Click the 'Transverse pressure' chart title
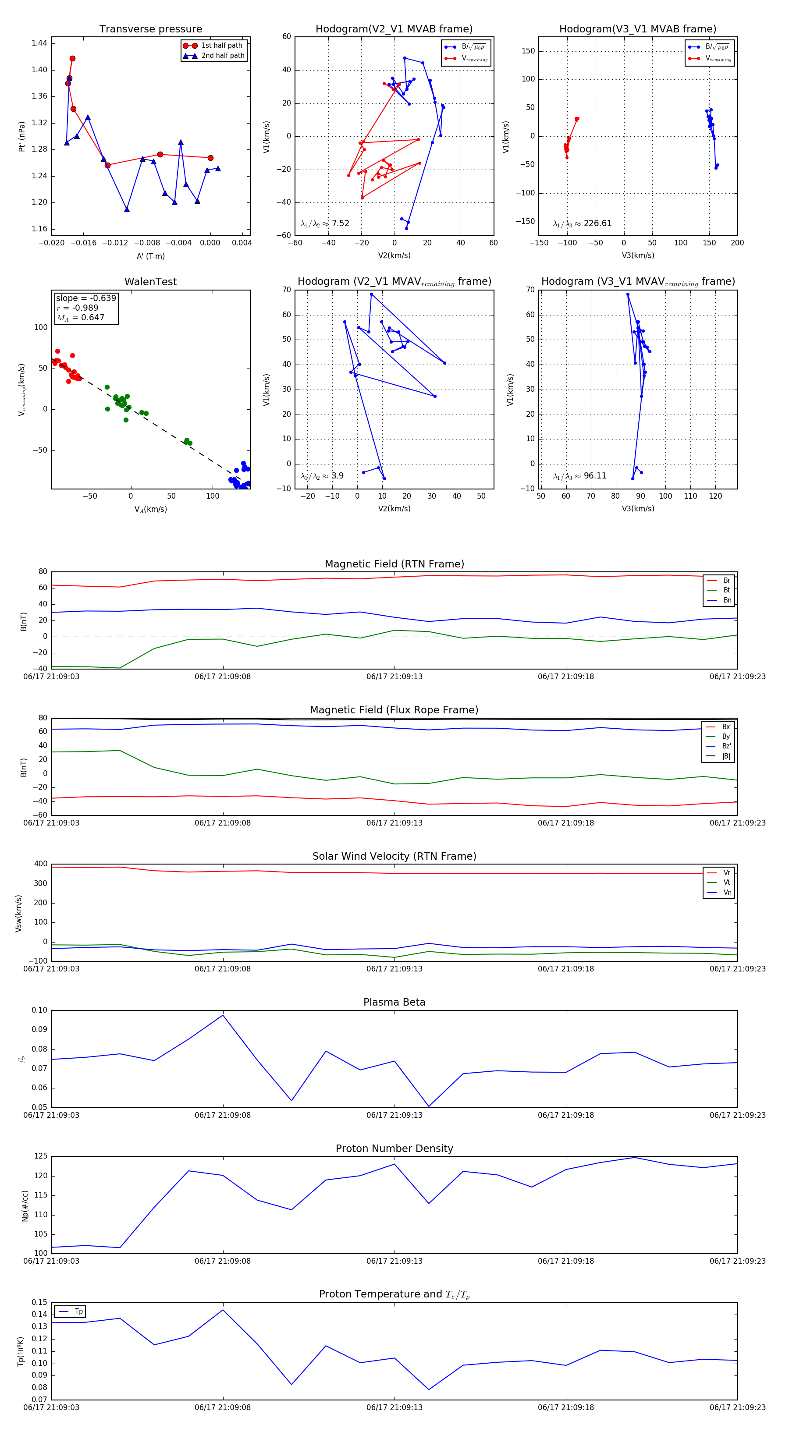(150, 29)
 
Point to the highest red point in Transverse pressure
(72, 58)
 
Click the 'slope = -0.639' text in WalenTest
(86, 298)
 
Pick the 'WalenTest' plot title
(150, 282)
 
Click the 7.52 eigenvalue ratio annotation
(325, 223)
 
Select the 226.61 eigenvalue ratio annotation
(583, 223)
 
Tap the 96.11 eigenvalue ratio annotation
(579, 476)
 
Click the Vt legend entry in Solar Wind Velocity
(726, 882)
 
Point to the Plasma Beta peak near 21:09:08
(223, 1015)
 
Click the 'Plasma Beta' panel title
(394, 1003)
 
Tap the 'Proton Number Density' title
(394, 1148)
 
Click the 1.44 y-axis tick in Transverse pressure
(39, 43)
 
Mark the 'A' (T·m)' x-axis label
(150, 256)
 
